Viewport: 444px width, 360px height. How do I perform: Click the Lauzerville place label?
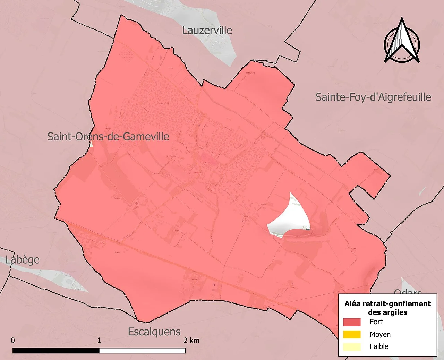pyautogui.click(x=207, y=30)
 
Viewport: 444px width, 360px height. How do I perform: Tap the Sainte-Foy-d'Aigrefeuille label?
pyautogui.click(x=373, y=97)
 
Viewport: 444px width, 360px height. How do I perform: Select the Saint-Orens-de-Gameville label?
pyautogui.click(x=108, y=136)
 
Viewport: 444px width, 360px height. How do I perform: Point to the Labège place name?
pyautogui.click(x=23, y=259)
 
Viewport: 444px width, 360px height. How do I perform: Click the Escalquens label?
pyautogui.click(x=154, y=332)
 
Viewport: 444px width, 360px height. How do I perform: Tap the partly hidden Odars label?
pyautogui.click(x=408, y=292)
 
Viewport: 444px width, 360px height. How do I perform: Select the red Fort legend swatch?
pyautogui.click(x=352, y=322)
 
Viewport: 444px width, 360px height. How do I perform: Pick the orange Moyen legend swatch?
pyautogui.click(x=352, y=334)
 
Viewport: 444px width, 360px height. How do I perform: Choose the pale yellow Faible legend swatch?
pyautogui.click(x=352, y=346)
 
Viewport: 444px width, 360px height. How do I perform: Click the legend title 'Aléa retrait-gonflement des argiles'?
pyautogui.click(x=387, y=308)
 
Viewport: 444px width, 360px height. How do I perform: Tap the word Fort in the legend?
pyautogui.click(x=376, y=322)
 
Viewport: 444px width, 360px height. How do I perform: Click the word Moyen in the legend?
pyautogui.click(x=380, y=334)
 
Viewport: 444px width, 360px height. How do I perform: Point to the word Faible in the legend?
pyautogui.click(x=379, y=346)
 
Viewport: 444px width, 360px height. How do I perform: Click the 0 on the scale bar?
pyautogui.click(x=13, y=340)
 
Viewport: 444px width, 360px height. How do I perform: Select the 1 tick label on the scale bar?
pyautogui.click(x=99, y=340)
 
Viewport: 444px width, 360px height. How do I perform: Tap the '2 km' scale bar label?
pyautogui.click(x=191, y=340)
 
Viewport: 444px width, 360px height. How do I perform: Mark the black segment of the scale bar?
pyautogui.click(x=56, y=351)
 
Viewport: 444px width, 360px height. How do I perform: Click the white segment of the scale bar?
pyautogui.click(x=142, y=351)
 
